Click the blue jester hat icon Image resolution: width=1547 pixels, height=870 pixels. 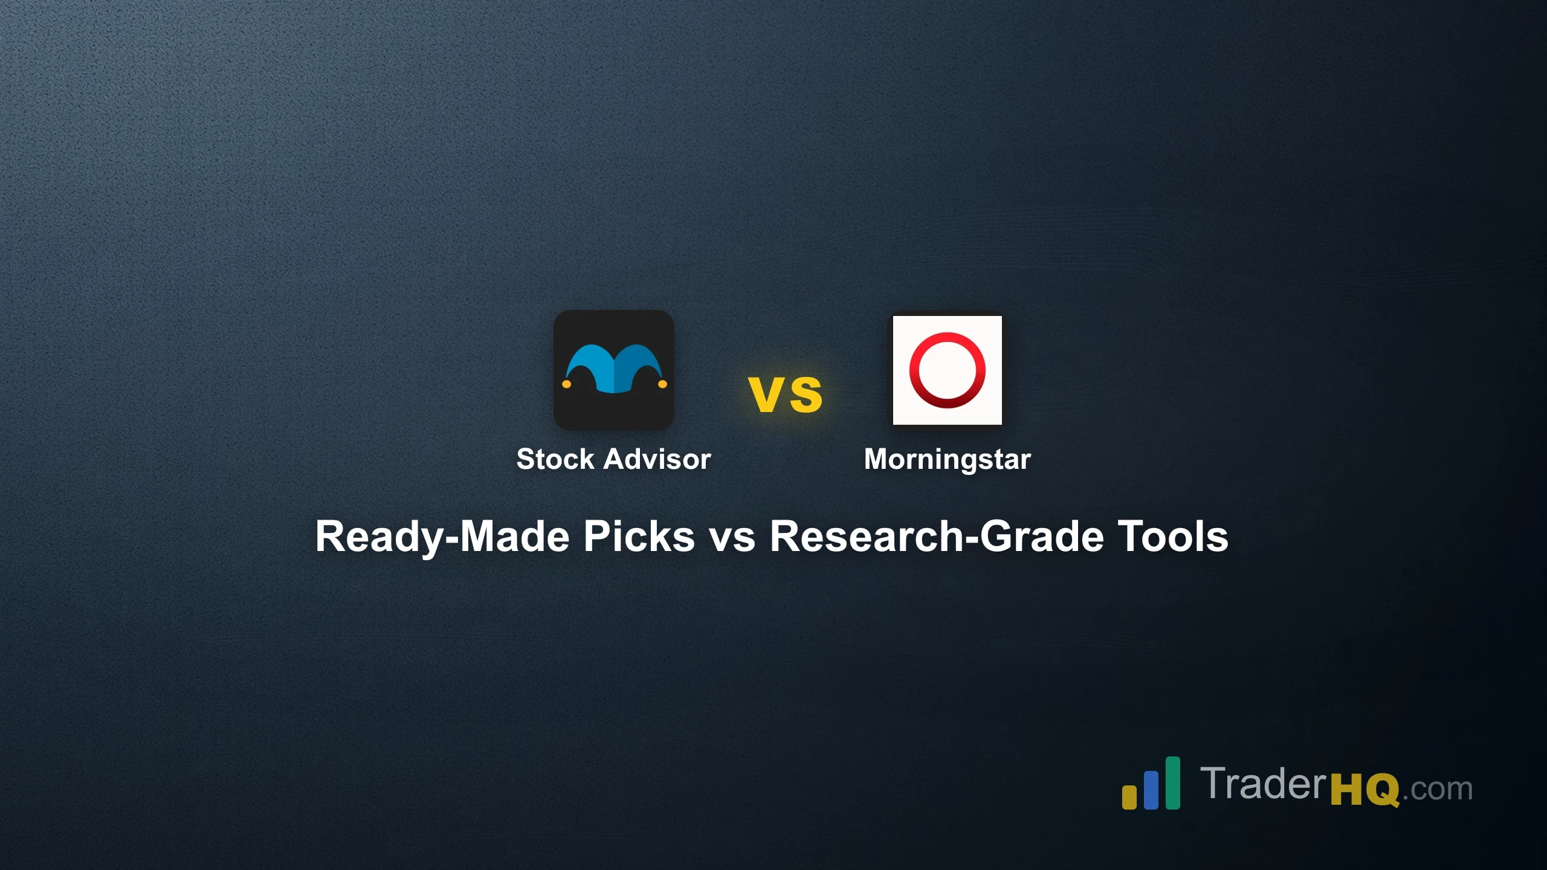[x=613, y=369]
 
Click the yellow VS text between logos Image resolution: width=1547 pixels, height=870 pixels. [x=785, y=395]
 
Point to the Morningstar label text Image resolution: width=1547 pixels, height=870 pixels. [x=947, y=459]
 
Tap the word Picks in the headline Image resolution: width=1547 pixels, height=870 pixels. [x=639, y=536]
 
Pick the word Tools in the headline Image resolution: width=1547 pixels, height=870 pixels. [x=1172, y=536]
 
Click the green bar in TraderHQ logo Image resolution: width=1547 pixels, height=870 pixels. [x=1172, y=783]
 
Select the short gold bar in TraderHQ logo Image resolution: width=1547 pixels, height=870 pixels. [x=1129, y=797]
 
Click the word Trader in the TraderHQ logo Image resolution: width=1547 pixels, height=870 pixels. [x=1263, y=784]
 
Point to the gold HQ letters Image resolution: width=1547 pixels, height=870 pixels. [x=1365, y=790]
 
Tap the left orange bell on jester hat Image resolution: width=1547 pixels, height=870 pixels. [x=566, y=384]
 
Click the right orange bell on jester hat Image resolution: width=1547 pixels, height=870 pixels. [x=662, y=384]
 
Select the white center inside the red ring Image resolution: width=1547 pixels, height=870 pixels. [x=947, y=370]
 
